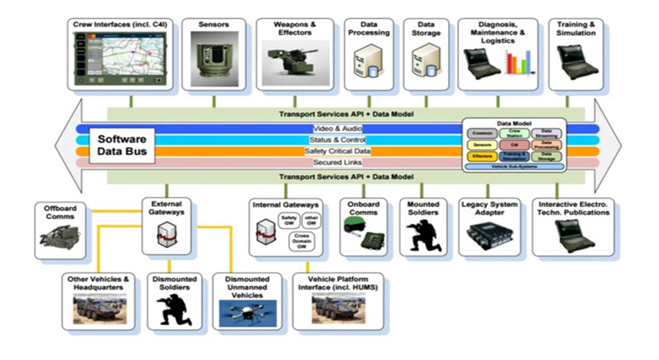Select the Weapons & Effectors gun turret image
294,61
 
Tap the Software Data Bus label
122,145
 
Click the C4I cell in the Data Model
515,145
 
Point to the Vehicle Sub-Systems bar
514,167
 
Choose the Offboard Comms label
59,211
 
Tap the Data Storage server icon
425,62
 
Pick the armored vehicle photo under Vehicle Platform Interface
336,310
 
